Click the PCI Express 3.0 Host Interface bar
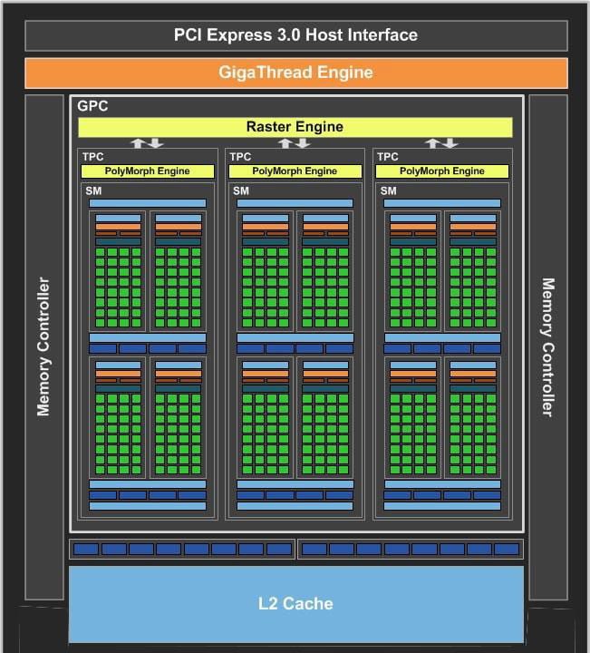tap(295, 35)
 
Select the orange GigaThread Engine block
tap(295, 73)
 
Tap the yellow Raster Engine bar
tap(295, 127)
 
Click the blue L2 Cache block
tap(295, 603)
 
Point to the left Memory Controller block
tap(44, 346)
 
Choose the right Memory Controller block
tap(547, 346)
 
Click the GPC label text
tap(92, 106)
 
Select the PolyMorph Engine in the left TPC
tap(148, 171)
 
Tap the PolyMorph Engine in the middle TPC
tap(295, 171)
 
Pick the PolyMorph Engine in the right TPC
tap(443, 171)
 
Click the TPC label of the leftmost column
tap(92, 157)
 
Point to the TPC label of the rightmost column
tap(387, 157)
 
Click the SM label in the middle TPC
tap(240, 190)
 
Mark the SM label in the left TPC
tap(93, 190)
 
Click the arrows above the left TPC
tap(147, 143)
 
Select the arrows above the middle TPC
tap(295, 143)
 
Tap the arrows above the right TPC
tap(442, 143)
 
